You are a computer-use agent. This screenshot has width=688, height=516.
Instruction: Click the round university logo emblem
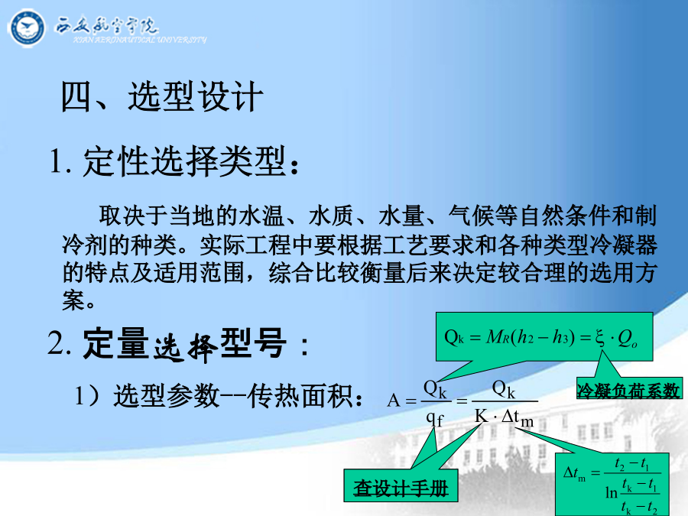[26, 28]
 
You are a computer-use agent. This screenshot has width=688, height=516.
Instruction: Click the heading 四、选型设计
[162, 96]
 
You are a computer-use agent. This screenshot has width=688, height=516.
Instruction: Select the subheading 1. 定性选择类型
[174, 161]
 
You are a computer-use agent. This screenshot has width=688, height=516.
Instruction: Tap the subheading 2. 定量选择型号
[177, 345]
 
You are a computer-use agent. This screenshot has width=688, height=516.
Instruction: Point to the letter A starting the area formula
[394, 401]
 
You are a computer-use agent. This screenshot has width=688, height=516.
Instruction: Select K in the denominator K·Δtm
[482, 415]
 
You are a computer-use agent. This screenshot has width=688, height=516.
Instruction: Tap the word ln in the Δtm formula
[612, 493]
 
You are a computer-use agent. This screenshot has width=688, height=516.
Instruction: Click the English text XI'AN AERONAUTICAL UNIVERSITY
[140, 40]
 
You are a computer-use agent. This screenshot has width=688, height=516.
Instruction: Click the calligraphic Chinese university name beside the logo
[106, 25]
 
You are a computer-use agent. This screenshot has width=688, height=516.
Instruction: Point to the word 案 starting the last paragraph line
[73, 300]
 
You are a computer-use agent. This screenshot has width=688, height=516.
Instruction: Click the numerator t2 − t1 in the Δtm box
[632, 463]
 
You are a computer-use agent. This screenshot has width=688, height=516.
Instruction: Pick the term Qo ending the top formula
[628, 339]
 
